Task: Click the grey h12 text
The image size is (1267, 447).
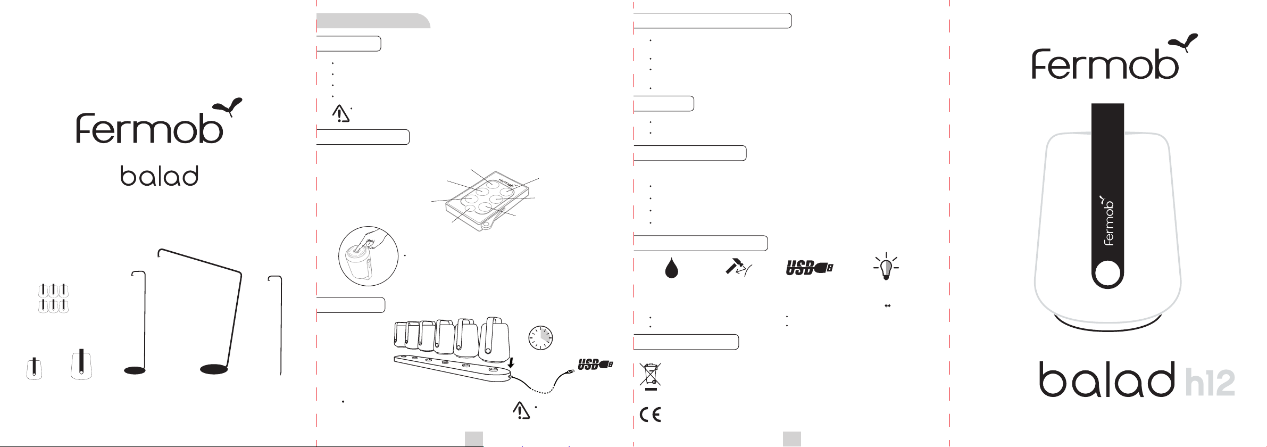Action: [x=1210, y=383]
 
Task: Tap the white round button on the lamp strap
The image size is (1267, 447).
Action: [x=1107, y=274]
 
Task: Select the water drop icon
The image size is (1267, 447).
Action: [x=671, y=268]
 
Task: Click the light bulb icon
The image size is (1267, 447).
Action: [x=886, y=267]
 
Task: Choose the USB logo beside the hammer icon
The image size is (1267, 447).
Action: [x=810, y=268]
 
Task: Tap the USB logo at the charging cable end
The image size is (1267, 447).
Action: [x=595, y=365]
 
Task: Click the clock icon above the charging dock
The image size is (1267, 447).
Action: [x=540, y=337]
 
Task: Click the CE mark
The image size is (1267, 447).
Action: [x=650, y=415]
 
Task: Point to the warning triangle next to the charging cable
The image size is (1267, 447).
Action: [x=521, y=410]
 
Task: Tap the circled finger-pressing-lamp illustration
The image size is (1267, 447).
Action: [x=369, y=255]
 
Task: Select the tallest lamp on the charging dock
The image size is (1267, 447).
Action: [x=495, y=338]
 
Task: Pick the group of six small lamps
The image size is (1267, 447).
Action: [x=53, y=298]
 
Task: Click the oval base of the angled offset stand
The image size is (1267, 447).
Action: [x=214, y=369]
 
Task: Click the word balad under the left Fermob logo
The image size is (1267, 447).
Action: [x=160, y=176]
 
